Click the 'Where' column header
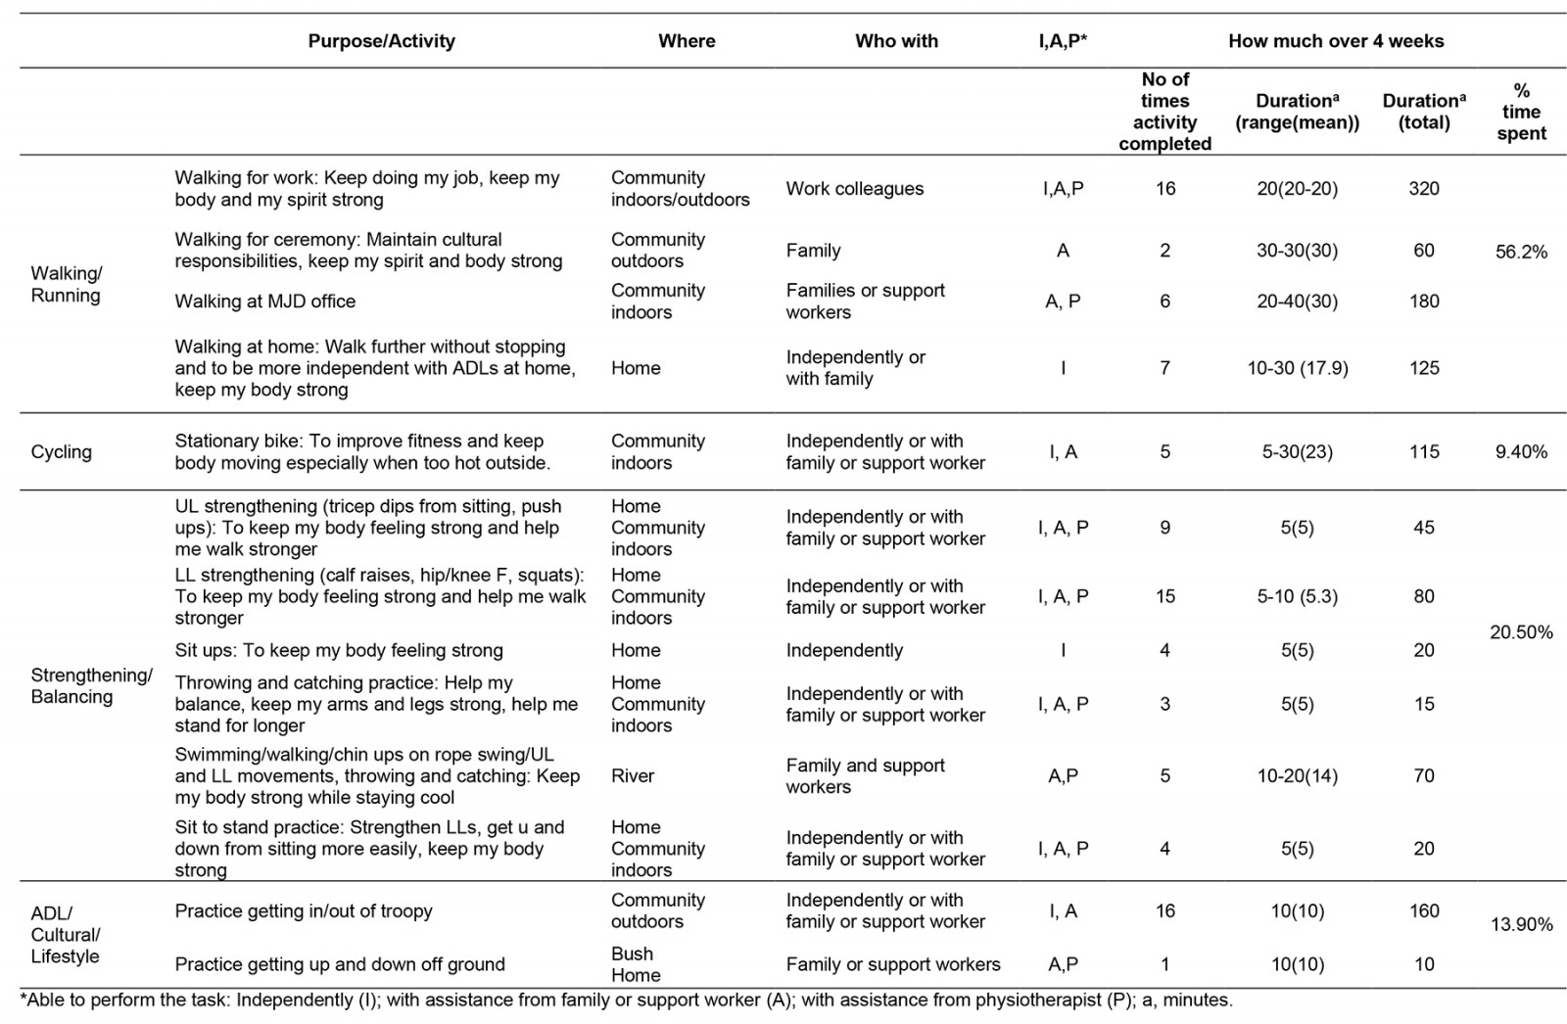687,41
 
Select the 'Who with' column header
896,41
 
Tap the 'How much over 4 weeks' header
1336,41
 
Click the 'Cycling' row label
61,452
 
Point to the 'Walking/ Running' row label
66,284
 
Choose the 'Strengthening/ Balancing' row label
91,685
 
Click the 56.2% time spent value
1521,252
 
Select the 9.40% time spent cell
1521,452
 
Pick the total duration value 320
1423,189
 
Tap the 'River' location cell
633,776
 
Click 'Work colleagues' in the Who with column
854,189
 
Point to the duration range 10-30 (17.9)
1297,368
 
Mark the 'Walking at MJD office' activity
264,302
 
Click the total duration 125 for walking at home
1423,368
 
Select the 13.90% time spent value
1521,924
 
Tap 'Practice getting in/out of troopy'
304,911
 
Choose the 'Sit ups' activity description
339,650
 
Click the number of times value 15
1164,596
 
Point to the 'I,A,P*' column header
1063,41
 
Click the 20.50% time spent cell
1521,632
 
